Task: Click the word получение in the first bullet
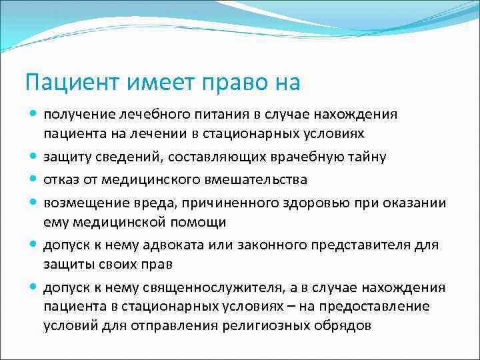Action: coord(77,114)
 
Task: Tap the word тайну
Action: coord(363,157)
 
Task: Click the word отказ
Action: coord(61,179)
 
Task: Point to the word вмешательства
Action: coord(255,179)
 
